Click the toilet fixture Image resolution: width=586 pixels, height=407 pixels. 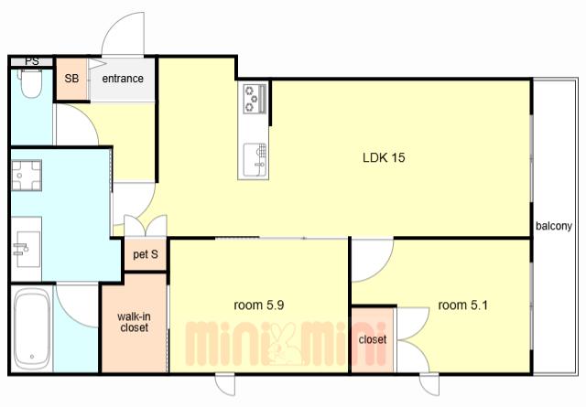30,83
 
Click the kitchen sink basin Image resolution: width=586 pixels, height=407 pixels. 255,161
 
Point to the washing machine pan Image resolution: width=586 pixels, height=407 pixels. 26,176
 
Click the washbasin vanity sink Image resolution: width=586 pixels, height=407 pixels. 27,249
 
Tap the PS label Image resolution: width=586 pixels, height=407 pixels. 32,61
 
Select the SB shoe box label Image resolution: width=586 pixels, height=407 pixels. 71,79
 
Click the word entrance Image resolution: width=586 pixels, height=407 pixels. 123,79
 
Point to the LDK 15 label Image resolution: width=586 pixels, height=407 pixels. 384,157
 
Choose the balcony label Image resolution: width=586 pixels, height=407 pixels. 554,226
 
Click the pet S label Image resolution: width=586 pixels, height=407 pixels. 146,254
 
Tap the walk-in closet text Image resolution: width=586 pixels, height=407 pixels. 134,322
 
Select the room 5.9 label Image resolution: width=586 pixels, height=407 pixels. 258,305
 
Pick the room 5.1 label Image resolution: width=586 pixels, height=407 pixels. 462,305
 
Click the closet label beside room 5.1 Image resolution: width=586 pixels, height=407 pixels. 373,339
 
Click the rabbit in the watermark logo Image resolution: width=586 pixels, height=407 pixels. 285,344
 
